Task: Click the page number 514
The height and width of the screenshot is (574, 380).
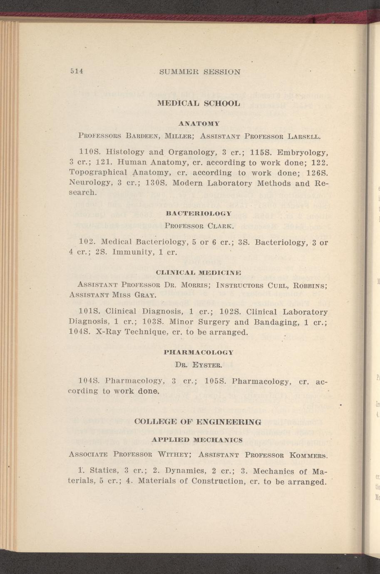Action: tap(77, 71)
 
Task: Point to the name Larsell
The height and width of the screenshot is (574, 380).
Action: tap(303, 136)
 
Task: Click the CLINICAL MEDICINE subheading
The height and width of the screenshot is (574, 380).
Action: tap(199, 272)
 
